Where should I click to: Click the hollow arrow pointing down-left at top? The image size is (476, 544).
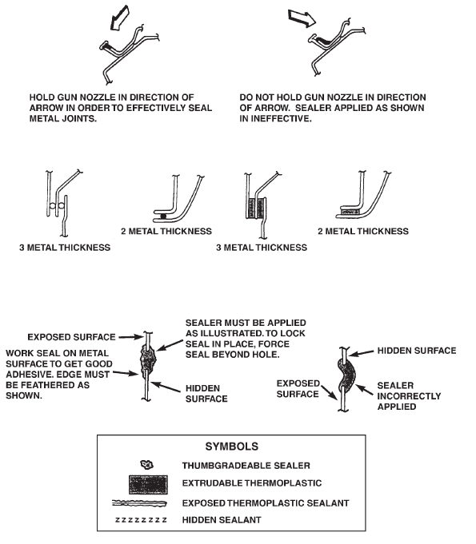pyautogui.click(x=120, y=18)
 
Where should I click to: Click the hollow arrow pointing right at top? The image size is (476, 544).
pyautogui.click(x=302, y=18)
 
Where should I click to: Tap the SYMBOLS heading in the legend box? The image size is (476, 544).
pyautogui.click(x=232, y=447)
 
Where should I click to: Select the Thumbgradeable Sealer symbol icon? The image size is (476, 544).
pyautogui.click(x=146, y=464)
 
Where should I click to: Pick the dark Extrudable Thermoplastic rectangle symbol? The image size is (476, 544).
pyautogui.click(x=148, y=485)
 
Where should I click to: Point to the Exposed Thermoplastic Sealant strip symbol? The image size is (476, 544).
pyautogui.click(x=139, y=503)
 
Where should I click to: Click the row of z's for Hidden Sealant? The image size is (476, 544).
pyautogui.click(x=141, y=520)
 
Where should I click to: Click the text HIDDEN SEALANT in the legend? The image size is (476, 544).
pyautogui.click(x=222, y=520)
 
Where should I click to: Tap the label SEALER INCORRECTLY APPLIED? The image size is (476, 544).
pyautogui.click(x=409, y=396)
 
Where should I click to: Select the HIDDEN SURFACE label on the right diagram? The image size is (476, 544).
pyautogui.click(x=417, y=351)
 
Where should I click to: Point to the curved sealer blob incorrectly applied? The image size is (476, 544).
pyautogui.click(x=346, y=375)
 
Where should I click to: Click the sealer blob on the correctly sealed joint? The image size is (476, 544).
pyautogui.click(x=148, y=359)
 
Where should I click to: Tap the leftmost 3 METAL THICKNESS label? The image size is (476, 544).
pyautogui.click(x=65, y=248)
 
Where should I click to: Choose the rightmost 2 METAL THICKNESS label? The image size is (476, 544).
pyautogui.click(x=363, y=232)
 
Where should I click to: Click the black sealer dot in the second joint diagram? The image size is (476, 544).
pyautogui.click(x=164, y=216)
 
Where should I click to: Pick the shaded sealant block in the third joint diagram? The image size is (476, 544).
pyautogui.click(x=256, y=208)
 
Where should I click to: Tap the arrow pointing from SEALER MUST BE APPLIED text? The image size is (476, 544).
pyautogui.click(x=170, y=345)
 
